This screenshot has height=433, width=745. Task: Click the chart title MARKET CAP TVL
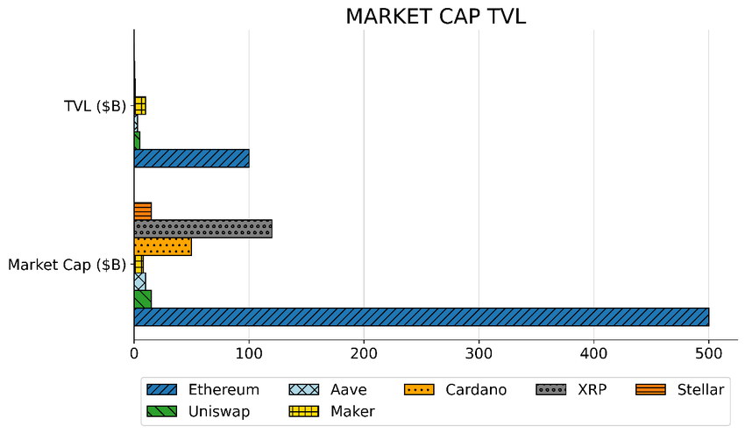(x=436, y=17)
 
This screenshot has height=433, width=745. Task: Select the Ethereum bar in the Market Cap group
(x=421, y=316)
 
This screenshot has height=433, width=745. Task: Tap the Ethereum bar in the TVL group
(x=191, y=159)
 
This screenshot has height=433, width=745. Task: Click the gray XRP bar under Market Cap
(x=202, y=229)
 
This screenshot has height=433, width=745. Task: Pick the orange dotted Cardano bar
(x=162, y=246)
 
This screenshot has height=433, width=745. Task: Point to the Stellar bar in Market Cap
(x=142, y=211)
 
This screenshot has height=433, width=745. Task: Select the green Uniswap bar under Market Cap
(x=142, y=299)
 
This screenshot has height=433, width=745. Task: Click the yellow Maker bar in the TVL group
(x=140, y=106)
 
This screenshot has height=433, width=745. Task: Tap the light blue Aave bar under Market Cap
(x=139, y=281)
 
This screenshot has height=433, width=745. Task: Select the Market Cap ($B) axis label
(x=67, y=264)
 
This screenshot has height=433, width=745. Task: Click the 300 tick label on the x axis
(x=479, y=353)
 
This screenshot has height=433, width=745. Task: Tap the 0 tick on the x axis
(x=134, y=353)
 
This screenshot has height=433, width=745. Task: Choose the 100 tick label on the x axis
(x=249, y=353)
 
